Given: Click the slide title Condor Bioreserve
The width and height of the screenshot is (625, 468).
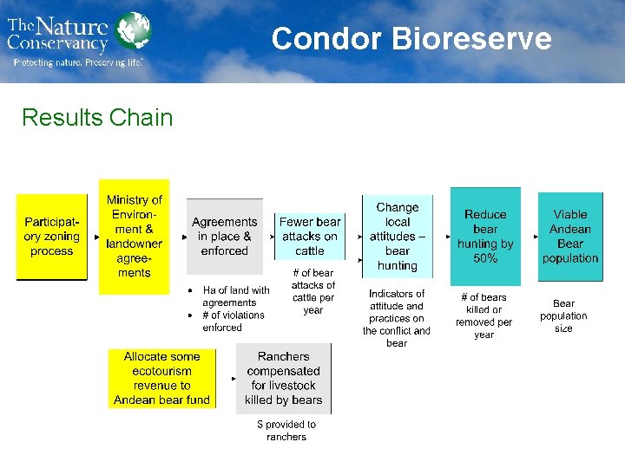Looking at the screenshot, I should pyautogui.click(x=411, y=39).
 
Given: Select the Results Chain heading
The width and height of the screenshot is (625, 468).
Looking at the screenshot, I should pyautogui.click(x=97, y=117).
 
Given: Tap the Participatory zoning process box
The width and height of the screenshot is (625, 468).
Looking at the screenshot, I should pyautogui.click(x=52, y=237).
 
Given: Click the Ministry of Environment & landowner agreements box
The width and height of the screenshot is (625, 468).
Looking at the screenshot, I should pyautogui.click(x=134, y=236).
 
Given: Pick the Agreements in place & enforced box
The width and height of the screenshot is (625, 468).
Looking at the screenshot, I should pyautogui.click(x=224, y=236).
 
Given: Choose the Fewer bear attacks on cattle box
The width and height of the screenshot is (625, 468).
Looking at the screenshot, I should pyautogui.click(x=310, y=236).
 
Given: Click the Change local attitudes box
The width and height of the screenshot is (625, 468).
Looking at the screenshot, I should pyautogui.click(x=397, y=236).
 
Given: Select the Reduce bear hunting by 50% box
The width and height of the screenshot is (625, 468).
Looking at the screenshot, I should pyautogui.click(x=485, y=236).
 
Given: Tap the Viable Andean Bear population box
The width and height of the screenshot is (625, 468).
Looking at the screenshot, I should pyautogui.click(x=570, y=236).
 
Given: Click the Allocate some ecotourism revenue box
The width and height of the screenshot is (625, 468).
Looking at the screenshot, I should pyautogui.click(x=161, y=379).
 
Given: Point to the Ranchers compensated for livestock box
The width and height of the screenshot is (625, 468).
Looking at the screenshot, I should pyautogui.click(x=284, y=379).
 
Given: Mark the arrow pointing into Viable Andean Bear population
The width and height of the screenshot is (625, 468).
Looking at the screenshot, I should pyautogui.click(x=530, y=235).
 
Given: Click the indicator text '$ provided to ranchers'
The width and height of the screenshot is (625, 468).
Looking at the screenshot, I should pyautogui.click(x=286, y=431).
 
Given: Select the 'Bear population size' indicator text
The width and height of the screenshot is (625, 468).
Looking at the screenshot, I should pyautogui.click(x=563, y=315).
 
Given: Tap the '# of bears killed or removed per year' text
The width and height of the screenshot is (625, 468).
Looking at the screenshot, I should pyautogui.click(x=484, y=315).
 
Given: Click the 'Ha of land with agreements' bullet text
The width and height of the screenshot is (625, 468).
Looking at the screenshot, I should pyautogui.click(x=235, y=296).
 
